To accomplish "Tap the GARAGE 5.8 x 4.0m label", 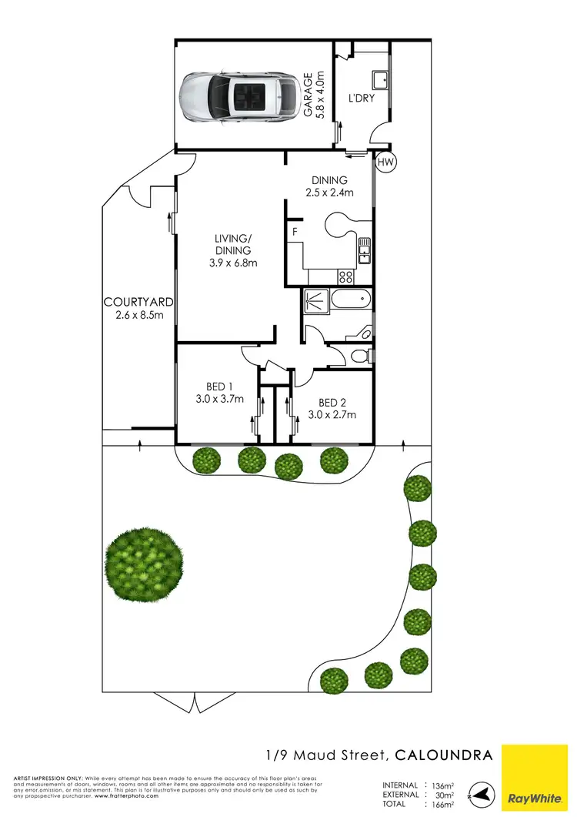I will click(x=314, y=95).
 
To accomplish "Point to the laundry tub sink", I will click(x=379, y=81).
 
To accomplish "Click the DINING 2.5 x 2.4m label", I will click(x=329, y=186).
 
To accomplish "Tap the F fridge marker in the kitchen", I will click(x=295, y=231).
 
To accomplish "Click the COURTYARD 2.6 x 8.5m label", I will click(x=138, y=308).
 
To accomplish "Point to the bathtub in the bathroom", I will click(x=350, y=300).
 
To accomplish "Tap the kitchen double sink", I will click(x=364, y=249).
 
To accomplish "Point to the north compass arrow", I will click(x=480, y=794).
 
